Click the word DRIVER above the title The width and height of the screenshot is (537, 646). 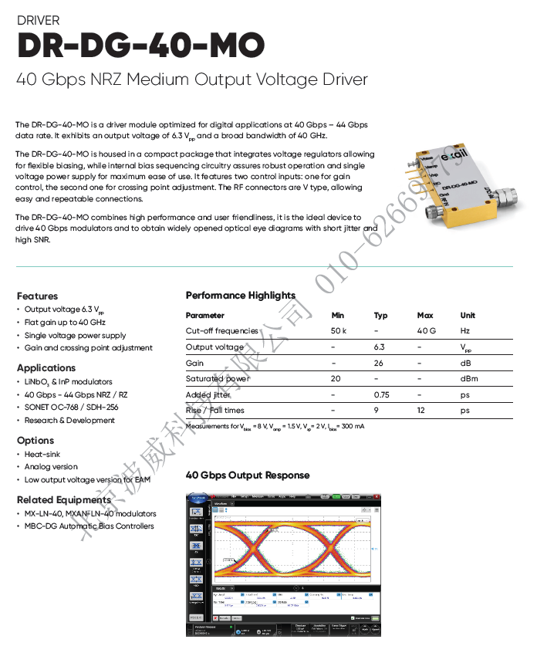(38, 21)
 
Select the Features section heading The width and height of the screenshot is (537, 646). (37, 296)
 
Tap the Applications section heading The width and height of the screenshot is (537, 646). (46, 368)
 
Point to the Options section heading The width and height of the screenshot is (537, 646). (35, 440)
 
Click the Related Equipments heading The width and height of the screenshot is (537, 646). (64, 499)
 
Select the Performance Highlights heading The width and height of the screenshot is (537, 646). (240, 296)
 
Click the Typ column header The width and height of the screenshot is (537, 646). (380, 315)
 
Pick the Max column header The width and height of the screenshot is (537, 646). (425, 315)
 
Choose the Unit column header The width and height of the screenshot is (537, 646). (468, 315)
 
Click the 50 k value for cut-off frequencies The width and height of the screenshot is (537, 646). (338, 331)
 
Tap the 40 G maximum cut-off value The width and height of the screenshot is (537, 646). (427, 331)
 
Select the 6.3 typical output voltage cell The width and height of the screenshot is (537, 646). (379, 347)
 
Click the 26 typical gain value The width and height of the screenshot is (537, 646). (379, 363)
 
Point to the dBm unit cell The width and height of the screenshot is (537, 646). (469, 379)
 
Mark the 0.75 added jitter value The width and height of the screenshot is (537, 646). (381, 394)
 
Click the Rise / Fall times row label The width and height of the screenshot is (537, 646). (214, 411)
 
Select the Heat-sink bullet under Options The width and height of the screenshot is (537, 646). (42, 455)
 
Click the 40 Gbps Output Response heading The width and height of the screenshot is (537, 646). (248, 475)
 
